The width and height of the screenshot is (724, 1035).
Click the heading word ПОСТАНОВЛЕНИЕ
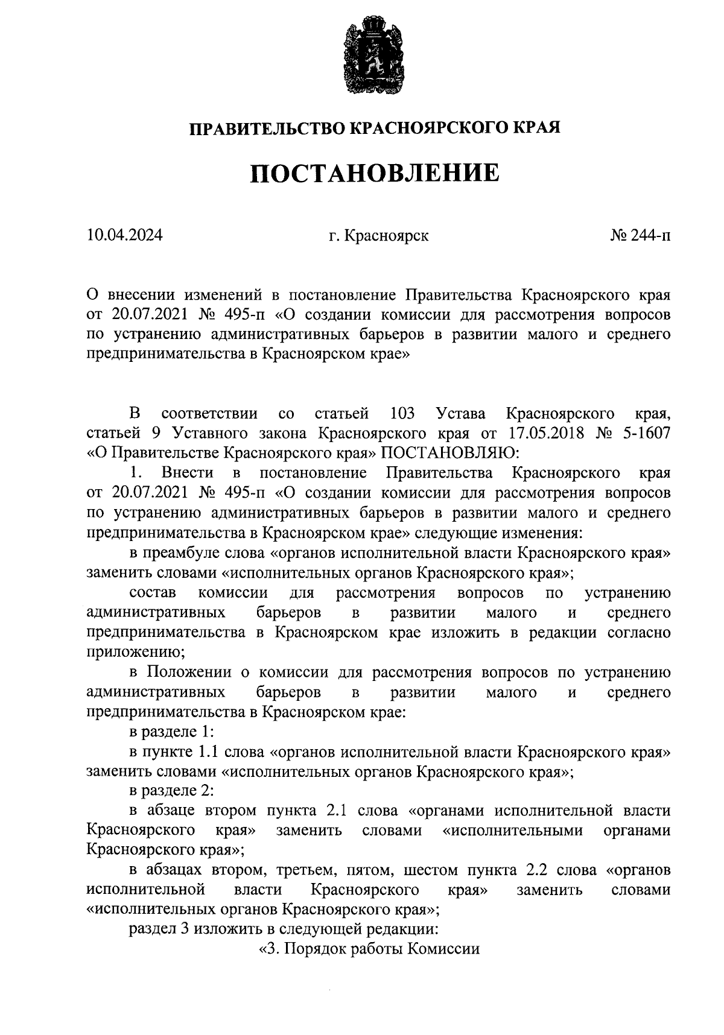[x=375, y=174]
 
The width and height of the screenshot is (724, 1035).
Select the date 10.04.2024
[x=125, y=235]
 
